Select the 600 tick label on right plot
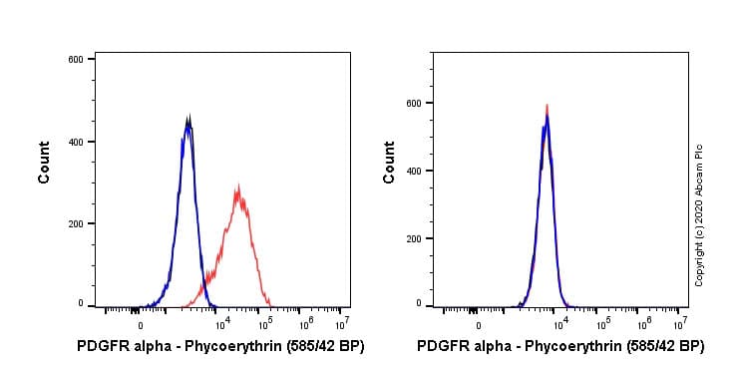tap(425, 103)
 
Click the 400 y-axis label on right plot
tap(425, 171)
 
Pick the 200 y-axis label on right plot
tap(425, 238)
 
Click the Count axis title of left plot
tap(44, 162)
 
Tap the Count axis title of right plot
tap(389, 162)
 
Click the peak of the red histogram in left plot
tap(237, 185)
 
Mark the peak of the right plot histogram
tap(546, 106)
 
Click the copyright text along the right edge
tap(699, 215)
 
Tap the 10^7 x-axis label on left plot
tap(341, 323)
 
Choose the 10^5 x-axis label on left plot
tap(265, 323)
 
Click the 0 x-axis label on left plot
tap(140, 324)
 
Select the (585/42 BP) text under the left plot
tap(317, 347)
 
